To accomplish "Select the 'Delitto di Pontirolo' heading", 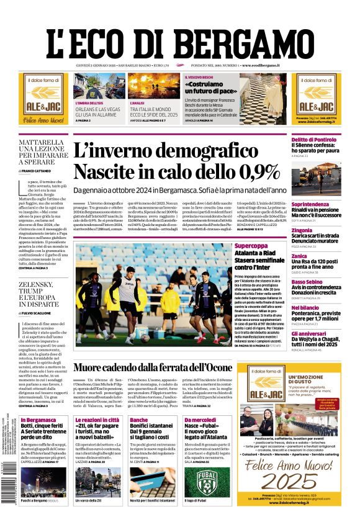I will click(315, 140).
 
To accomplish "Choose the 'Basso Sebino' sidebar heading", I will click(308, 281).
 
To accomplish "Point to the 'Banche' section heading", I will click(139, 420).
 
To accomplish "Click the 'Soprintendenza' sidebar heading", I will click(311, 204).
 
